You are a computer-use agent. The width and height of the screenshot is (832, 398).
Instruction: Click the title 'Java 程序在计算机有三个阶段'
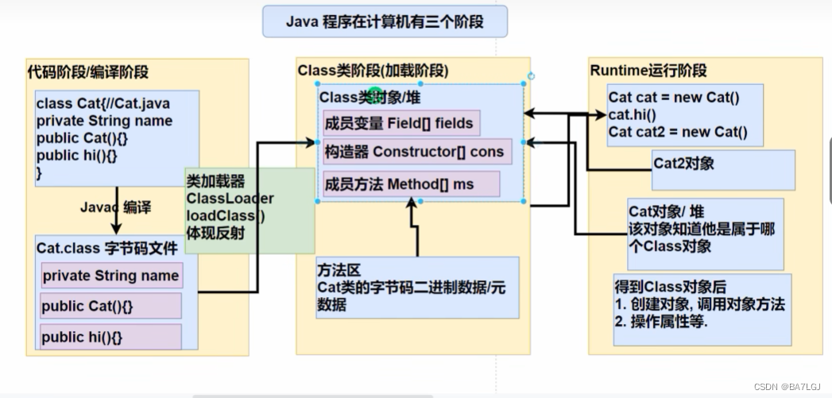click(x=385, y=21)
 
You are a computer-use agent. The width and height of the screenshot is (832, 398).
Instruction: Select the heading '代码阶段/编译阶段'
click(x=87, y=71)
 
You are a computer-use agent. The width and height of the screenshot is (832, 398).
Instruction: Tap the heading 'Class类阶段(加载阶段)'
click(x=373, y=71)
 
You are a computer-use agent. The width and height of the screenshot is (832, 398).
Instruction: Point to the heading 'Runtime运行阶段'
click(x=648, y=71)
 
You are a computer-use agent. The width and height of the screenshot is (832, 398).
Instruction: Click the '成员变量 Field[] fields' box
click(x=400, y=123)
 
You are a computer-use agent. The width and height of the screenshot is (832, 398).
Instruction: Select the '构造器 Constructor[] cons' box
click(x=413, y=151)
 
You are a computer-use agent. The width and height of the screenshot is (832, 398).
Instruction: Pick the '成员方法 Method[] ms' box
click(x=410, y=184)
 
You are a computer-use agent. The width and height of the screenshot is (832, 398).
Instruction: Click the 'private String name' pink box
click(x=110, y=276)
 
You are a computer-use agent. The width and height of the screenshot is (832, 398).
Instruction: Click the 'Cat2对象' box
click(x=683, y=164)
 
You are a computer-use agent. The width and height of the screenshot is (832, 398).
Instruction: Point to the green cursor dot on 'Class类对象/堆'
click(x=376, y=96)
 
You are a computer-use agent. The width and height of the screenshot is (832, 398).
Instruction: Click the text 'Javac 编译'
click(x=115, y=207)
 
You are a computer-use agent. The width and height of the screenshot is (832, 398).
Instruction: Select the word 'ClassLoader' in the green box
click(x=230, y=199)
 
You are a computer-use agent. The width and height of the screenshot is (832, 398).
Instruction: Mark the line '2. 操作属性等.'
click(x=661, y=322)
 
